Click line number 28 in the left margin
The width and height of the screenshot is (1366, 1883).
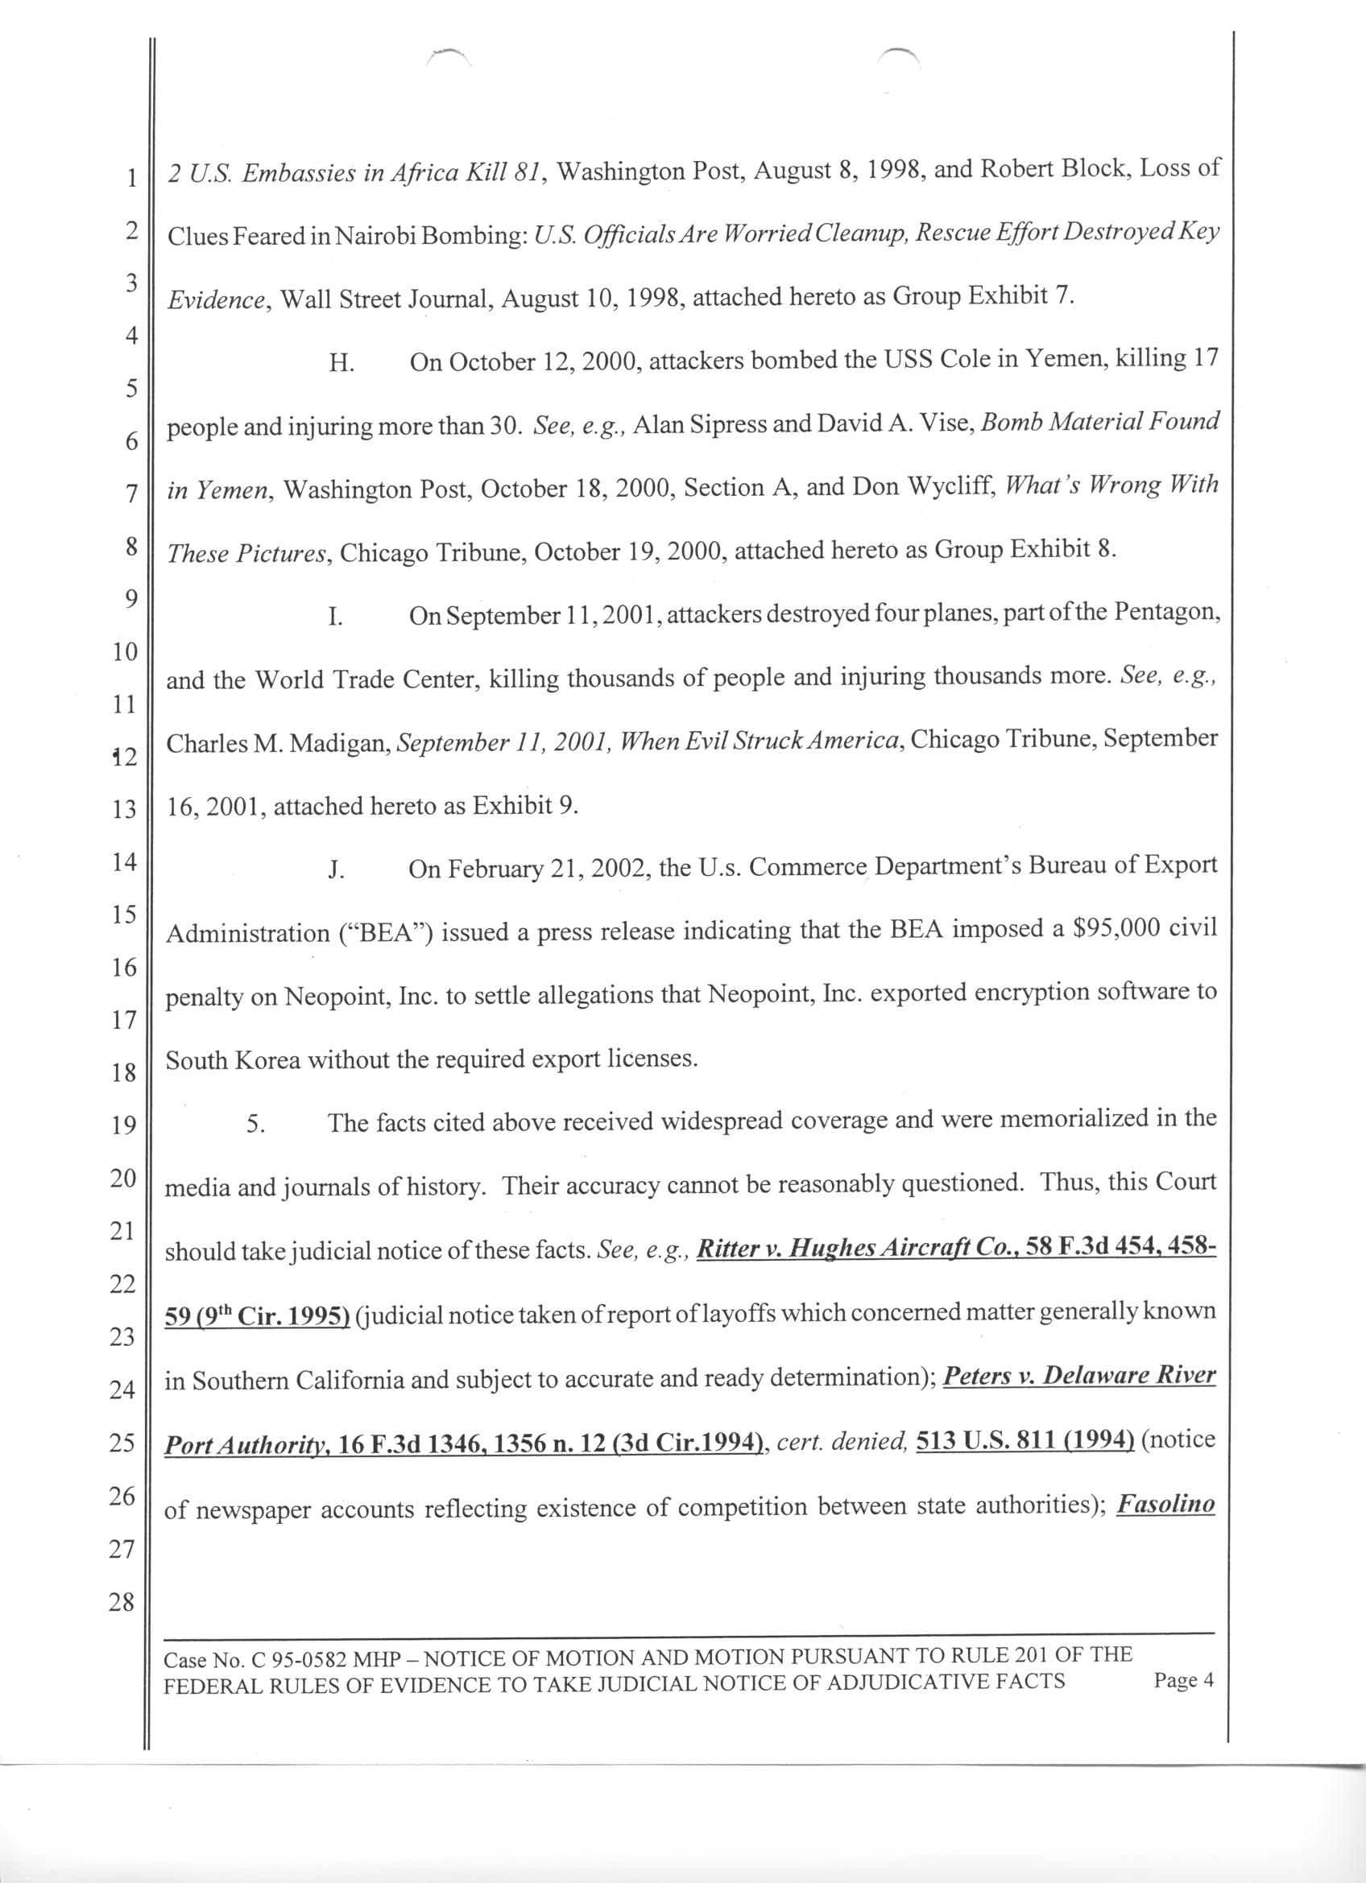(x=122, y=1601)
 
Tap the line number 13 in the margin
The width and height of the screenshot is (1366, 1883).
(x=123, y=808)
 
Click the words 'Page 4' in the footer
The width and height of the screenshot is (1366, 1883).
(x=1184, y=1680)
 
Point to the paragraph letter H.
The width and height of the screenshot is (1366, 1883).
(x=341, y=365)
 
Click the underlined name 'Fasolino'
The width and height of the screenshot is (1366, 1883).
(x=1166, y=1505)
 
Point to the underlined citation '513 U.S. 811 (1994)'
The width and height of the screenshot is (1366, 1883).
(x=1025, y=1441)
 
